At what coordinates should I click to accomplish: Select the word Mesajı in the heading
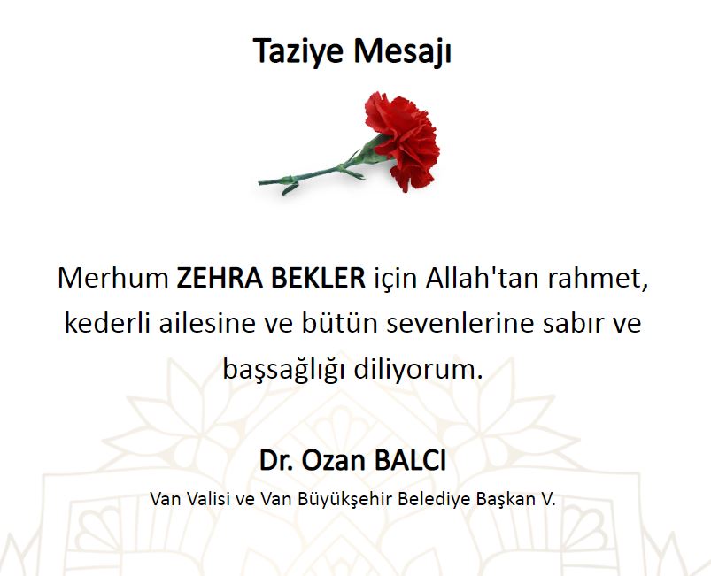pos(402,51)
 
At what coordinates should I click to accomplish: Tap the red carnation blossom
pos(404,138)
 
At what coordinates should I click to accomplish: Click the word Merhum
pos(113,278)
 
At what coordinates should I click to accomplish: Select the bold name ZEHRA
pos(220,278)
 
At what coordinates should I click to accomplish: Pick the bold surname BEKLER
pos(318,278)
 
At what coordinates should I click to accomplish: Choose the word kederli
pos(107,323)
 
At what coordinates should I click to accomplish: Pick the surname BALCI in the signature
pos(410,460)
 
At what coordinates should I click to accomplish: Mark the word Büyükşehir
pos(345,500)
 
